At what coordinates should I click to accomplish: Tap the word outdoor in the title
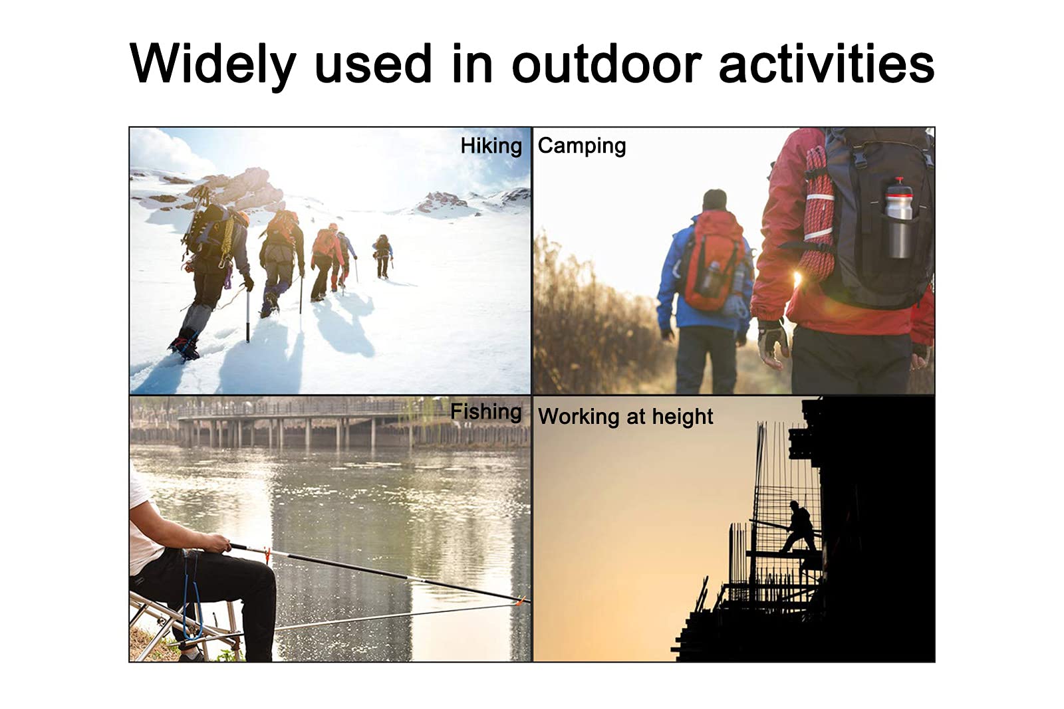coord(606,64)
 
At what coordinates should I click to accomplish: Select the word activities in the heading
coord(827,64)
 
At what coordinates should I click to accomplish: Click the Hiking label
coord(491,146)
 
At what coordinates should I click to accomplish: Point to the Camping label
coord(582,146)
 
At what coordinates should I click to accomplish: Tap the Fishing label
coord(486,411)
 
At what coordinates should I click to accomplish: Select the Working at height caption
coord(626,417)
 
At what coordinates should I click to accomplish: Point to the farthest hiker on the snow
coord(382,255)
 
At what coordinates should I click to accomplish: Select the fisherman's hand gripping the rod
coord(219,543)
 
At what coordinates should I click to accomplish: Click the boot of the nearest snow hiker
coord(184,346)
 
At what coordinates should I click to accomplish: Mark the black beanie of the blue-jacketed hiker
coord(714,199)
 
